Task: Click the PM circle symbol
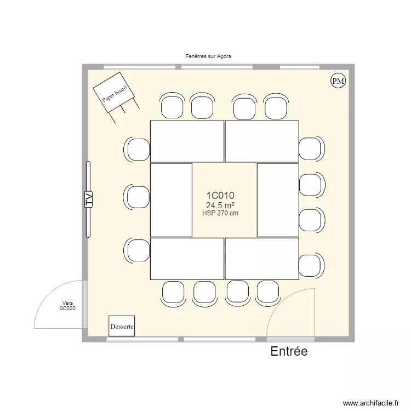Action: (x=338, y=81)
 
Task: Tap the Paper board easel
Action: (x=114, y=94)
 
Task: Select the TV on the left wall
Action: (x=88, y=199)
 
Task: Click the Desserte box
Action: (x=122, y=327)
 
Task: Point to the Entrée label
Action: (x=289, y=352)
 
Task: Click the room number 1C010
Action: (x=220, y=196)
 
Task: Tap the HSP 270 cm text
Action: (x=220, y=214)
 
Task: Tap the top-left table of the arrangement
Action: (x=187, y=141)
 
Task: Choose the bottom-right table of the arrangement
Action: (x=261, y=259)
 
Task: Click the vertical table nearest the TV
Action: (x=171, y=200)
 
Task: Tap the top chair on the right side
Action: (x=311, y=149)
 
